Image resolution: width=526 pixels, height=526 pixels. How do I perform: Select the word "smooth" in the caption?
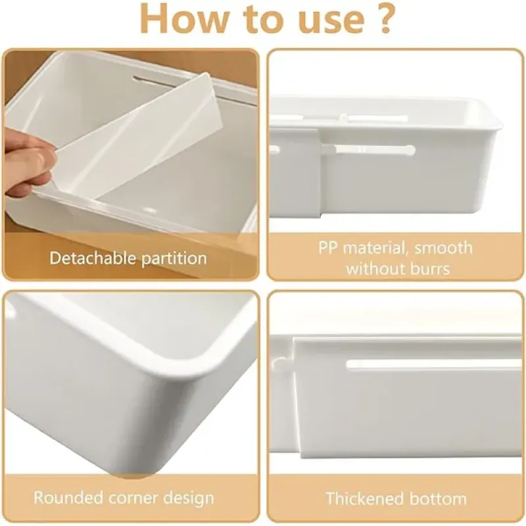click(x=443, y=248)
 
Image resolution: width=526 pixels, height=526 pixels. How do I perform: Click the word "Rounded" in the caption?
click(x=66, y=497)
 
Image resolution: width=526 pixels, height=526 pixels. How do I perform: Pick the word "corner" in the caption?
click(x=131, y=497)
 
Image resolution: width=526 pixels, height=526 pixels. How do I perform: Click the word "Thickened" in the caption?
click(x=366, y=498)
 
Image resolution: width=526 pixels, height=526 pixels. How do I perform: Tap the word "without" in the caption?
click(x=374, y=268)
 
